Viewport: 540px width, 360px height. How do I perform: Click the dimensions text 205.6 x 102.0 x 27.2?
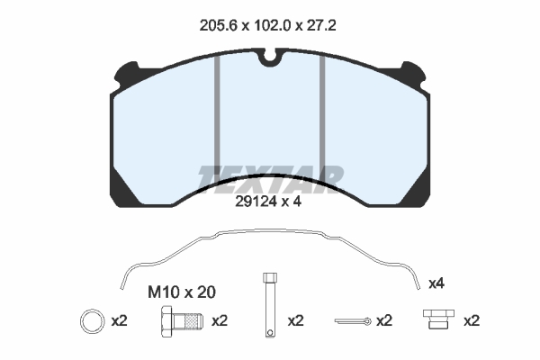tap(267, 25)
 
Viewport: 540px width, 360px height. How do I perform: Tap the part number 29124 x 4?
tap(268, 202)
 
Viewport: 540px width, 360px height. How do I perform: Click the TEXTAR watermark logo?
tap(270, 179)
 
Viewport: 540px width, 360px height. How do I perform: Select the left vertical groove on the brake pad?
tap(217, 116)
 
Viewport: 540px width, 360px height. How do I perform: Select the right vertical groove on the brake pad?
tap(322, 116)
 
